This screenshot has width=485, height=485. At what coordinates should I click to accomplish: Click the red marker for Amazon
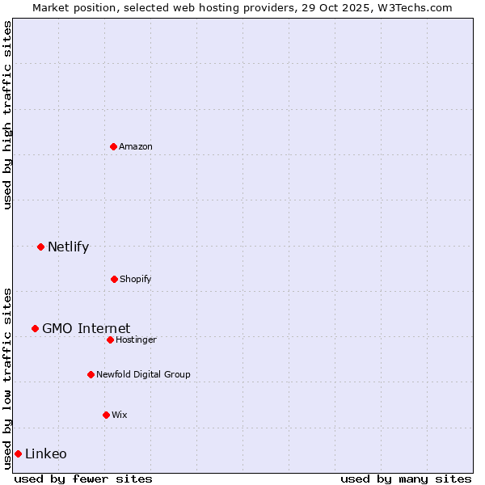(113, 146)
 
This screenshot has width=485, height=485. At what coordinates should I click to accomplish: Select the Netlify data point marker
(40, 247)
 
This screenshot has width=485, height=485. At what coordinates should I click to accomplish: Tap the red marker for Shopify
(114, 279)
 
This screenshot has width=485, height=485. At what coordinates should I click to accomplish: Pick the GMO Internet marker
(35, 328)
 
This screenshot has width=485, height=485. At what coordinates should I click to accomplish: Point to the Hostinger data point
(110, 339)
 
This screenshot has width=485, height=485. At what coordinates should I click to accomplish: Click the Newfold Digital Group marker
(91, 374)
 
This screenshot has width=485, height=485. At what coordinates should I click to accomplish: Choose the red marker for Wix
(106, 415)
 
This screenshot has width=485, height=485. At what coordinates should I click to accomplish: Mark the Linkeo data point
(18, 453)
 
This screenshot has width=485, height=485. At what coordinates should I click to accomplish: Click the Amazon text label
(136, 146)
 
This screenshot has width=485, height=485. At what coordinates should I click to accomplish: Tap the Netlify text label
(68, 247)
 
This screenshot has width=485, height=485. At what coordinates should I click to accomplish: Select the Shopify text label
(136, 279)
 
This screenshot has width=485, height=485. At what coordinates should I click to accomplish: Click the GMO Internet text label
(86, 328)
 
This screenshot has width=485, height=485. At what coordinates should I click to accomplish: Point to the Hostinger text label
(136, 339)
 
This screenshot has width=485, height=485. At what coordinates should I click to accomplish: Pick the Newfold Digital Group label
(143, 374)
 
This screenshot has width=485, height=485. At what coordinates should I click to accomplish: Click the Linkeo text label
(46, 453)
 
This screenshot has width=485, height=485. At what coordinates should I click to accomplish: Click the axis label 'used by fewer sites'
(83, 479)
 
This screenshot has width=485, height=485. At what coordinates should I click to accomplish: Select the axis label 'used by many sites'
(406, 479)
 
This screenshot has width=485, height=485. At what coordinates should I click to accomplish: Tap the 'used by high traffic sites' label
(7, 115)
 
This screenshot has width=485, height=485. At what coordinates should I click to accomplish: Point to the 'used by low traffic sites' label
(7, 377)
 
